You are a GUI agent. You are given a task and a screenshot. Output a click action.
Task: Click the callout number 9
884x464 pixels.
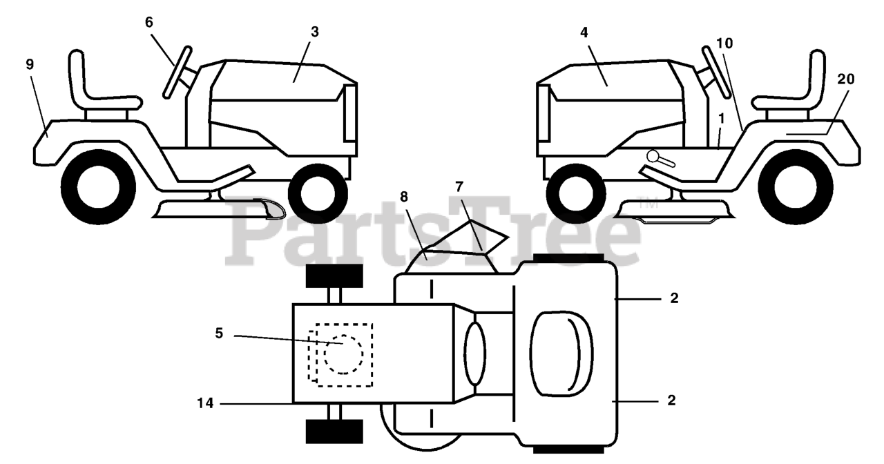[30, 64]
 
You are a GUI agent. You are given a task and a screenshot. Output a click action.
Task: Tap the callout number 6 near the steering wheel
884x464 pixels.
[149, 21]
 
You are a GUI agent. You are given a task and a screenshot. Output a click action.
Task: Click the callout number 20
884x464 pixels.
[845, 79]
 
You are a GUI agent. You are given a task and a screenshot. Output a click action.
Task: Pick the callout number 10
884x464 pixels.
[724, 43]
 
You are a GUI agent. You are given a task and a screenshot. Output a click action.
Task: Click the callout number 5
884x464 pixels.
[219, 333]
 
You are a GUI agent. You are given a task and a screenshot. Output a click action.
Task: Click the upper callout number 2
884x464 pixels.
[674, 298]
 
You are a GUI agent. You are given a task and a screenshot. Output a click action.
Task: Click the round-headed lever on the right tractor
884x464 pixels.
[653, 156]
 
